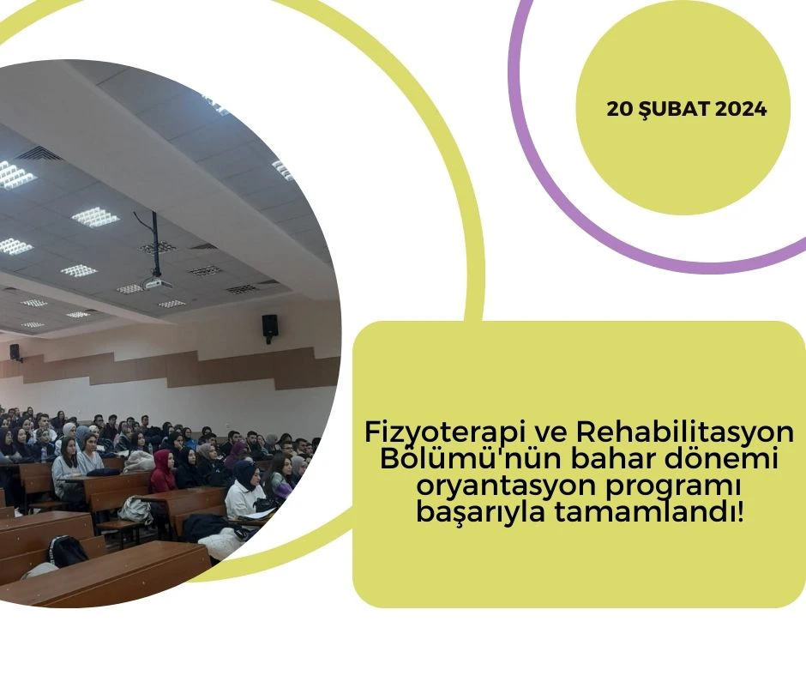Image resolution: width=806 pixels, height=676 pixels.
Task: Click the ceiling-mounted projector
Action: pyautogui.click(x=156, y=281)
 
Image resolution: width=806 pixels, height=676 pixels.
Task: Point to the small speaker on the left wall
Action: pyautogui.click(x=15, y=352)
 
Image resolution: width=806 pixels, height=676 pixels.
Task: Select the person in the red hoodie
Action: pyautogui.click(x=162, y=473)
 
